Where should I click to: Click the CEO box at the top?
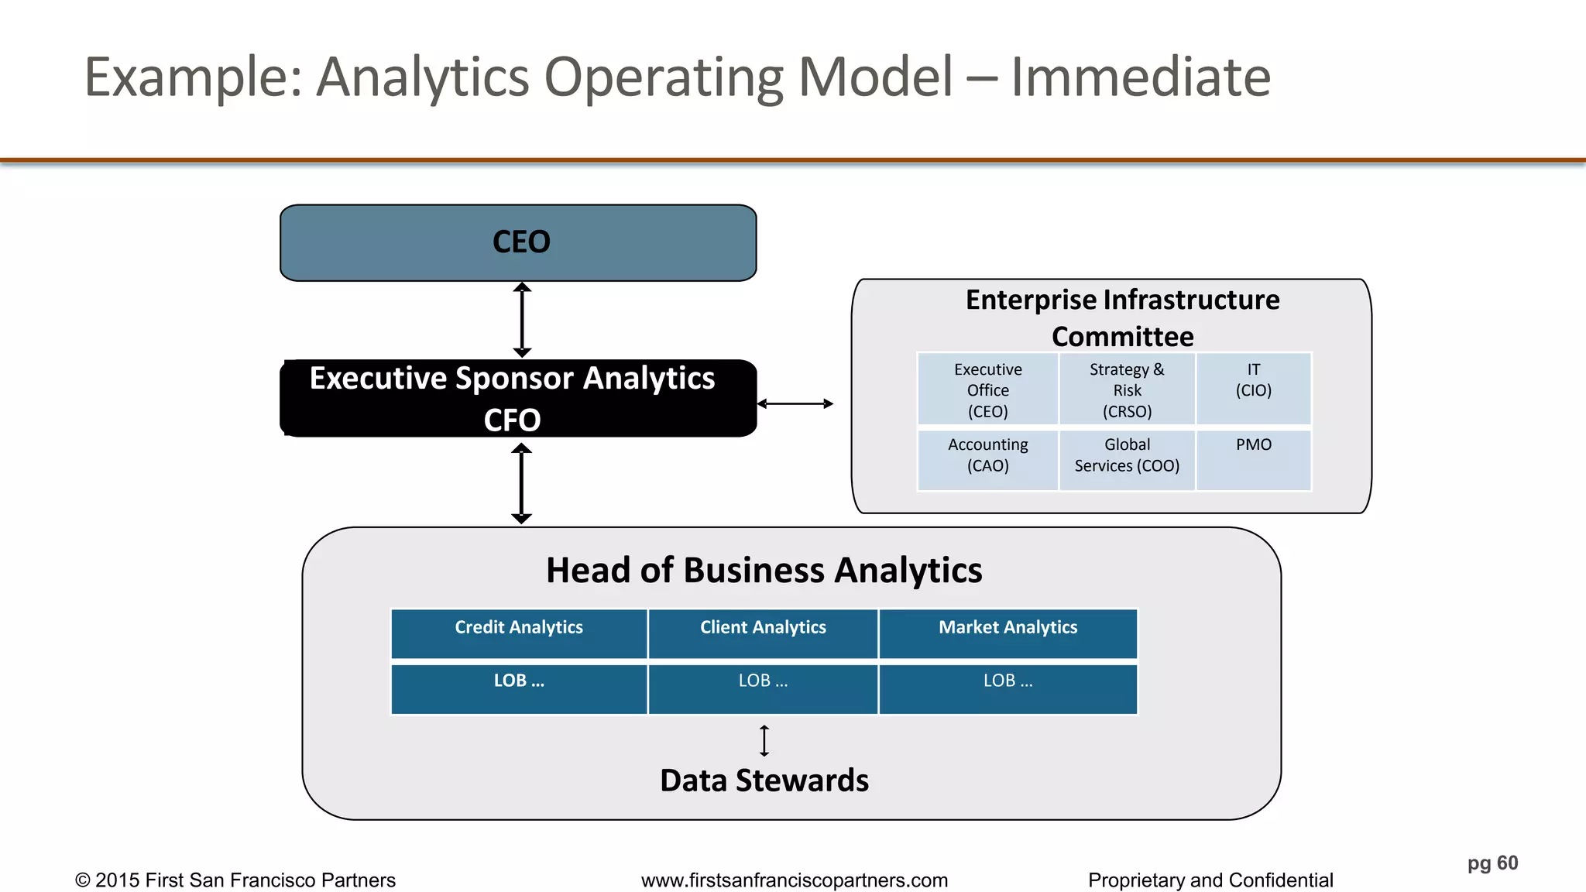point(518,242)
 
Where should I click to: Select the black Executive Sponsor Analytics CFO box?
point(518,398)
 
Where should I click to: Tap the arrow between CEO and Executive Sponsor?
point(522,320)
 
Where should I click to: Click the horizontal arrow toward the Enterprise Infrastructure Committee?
point(795,403)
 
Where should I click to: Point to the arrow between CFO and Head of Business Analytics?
point(522,483)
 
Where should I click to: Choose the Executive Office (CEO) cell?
point(987,389)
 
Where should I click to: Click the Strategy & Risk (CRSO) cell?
point(1127,389)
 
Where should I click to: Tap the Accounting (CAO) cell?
point(987,460)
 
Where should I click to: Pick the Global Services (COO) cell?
point(1127,460)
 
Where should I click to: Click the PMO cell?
point(1253,460)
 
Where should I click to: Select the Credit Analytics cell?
point(519,633)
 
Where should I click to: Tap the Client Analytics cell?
point(763,633)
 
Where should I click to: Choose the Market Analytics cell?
point(1008,633)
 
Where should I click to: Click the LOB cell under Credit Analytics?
point(519,688)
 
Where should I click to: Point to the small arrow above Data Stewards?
point(764,740)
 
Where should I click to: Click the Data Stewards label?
point(764,780)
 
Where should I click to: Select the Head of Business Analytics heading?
point(764,570)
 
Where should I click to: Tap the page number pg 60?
point(1492,863)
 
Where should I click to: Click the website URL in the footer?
point(794,880)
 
